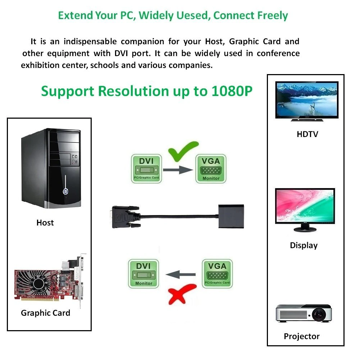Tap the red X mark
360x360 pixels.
182,294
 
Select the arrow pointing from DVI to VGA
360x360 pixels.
178,170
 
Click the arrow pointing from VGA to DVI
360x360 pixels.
181,275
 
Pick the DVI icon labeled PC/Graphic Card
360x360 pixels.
146,169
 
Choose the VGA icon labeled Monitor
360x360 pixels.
211,169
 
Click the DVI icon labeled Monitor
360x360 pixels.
143,274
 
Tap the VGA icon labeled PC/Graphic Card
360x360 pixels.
217,274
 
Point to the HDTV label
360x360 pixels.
307,134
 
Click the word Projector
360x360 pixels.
302,336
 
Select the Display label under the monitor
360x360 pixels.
304,245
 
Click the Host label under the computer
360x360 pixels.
45,223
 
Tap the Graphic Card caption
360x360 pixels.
45,313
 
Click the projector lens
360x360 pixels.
319,314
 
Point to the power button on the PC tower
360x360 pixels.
65,191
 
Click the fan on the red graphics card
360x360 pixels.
38,284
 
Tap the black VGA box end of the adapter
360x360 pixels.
231,216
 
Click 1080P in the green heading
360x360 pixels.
232,91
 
